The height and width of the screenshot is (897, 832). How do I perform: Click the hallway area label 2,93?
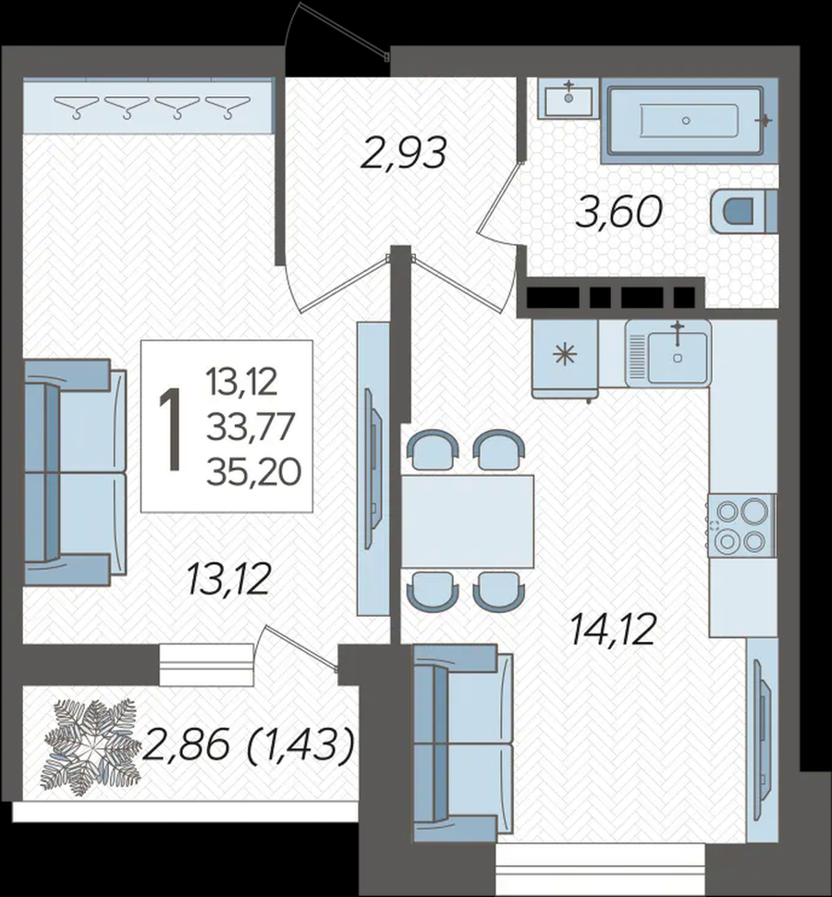point(403,154)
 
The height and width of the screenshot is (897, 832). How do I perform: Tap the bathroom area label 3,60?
point(618,211)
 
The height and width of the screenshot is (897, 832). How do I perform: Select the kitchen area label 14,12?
point(613,629)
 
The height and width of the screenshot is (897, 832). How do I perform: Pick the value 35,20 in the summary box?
point(253,473)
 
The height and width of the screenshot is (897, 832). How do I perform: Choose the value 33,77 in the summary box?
point(251,426)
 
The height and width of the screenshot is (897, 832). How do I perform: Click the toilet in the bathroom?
point(743,212)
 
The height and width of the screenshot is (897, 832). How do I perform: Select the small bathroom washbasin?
point(568,98)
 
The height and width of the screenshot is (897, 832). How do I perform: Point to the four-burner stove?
point(741,526)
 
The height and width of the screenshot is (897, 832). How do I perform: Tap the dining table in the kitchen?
point(468,522)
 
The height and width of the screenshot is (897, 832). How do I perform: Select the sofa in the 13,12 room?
point(75,473)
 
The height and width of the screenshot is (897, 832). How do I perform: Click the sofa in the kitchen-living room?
point(463,743)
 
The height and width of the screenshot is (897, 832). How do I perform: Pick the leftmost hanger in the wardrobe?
point(77,106)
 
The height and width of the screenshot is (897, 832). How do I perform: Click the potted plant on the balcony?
point(91,746)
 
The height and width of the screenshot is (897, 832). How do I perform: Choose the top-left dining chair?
point(433,449)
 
